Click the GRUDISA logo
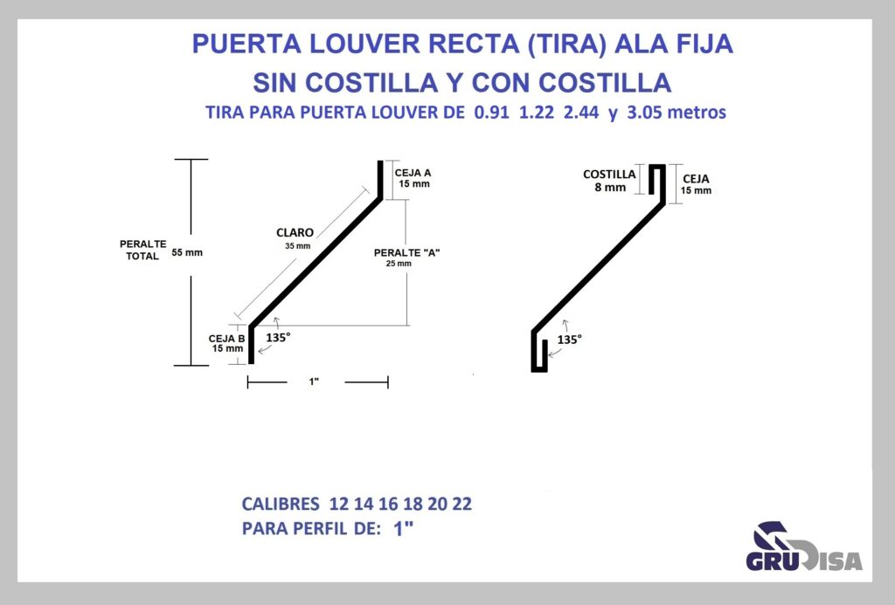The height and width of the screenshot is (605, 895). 804,547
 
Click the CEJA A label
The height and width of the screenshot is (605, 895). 413,173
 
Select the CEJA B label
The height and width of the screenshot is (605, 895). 226,339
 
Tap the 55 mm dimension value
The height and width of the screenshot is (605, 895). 187,252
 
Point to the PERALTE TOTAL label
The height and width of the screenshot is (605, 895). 142,251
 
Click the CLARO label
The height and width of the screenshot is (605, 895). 295,232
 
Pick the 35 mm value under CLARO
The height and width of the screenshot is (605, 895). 298,246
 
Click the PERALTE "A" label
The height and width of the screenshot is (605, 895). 407,252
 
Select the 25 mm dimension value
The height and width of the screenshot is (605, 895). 399,264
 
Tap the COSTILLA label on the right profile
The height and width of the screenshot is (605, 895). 609,175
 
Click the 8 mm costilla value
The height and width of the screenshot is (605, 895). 610,188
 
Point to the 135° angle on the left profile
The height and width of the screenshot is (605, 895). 278,338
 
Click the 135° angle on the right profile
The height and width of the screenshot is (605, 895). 570,340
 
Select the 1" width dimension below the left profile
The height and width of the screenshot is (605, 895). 314,382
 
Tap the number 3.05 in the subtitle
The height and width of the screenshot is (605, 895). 644,113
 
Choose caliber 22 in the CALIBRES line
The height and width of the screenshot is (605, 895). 462,504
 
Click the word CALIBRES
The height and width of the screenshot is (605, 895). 281,504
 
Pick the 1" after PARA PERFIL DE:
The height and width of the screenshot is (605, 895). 403,528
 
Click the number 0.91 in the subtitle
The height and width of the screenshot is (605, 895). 491,113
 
